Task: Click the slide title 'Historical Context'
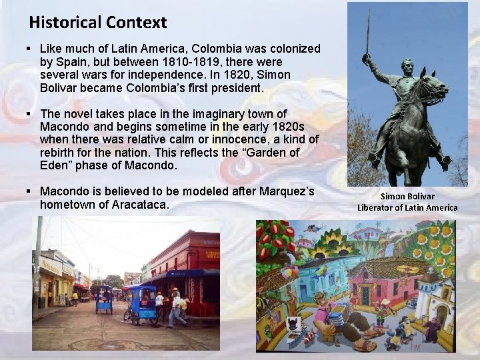click(97, 23)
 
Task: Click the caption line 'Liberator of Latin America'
click(407, 207)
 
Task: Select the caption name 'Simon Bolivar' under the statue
click(407, 196)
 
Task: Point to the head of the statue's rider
click(407, 65)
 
